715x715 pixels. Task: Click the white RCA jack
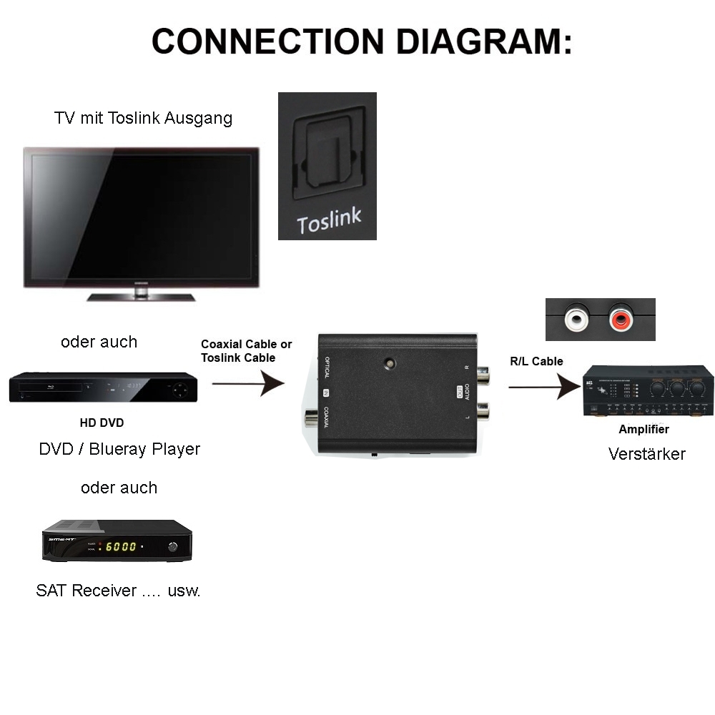pyautogui.click(x=576, y=319)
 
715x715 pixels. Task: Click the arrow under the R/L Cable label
pyautogui.click(x=544, y=388)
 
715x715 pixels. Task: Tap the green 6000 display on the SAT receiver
pyautogui.click(x=121, y=547)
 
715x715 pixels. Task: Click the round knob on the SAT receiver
pyautogui.click(x=172, y=547)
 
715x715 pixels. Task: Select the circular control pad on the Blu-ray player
pyautogui.click(x=180, y=391)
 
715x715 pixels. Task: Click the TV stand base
pyautogui.click(x=141, y=295)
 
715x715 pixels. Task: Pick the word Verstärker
pyautogui.click(x=646, y=454)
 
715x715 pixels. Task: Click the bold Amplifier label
pyautogui.click(x=643, y=430)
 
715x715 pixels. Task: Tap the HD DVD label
pyautogui.click(x=102, y=423)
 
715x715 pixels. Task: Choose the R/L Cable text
pyautogui.click(x=536, y=361)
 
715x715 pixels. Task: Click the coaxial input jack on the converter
pyautogui.click(x=311, y=419)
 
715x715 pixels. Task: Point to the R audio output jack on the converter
pyautogui.click(x=483, y=374)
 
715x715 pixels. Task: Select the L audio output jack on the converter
pyautogui.click(x=483, y=410)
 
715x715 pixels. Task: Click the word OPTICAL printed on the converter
pyautogui.click(x=327, y=368)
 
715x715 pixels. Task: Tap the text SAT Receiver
pyautogui.click(x=86, y=591)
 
